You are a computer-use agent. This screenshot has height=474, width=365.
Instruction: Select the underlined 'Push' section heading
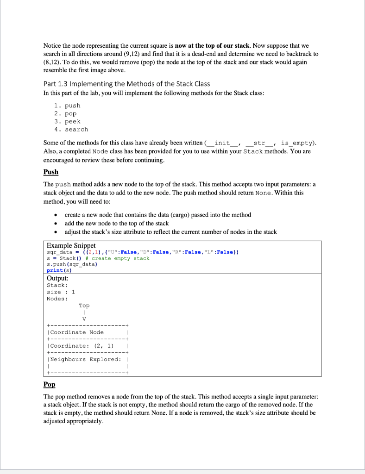coord(51,172)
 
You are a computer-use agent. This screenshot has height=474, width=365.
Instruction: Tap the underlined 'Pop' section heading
coord(49,385)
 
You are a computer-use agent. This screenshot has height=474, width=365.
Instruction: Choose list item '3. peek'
coord(67,121)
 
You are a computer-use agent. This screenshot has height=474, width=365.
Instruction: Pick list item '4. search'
coord(71,129)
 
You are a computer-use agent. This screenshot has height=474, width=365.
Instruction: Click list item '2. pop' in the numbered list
coord(65,113)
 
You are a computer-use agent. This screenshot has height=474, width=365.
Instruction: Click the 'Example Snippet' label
coord(71,245)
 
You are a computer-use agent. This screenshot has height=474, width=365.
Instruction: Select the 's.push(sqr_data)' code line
coord(71,264)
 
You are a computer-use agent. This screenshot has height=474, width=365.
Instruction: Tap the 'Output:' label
coord(58,278)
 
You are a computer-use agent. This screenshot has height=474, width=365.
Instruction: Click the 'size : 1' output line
coord(61,292)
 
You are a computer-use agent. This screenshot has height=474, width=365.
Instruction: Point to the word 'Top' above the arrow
coord(84,306)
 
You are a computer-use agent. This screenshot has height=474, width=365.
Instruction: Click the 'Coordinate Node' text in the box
coord(77,332)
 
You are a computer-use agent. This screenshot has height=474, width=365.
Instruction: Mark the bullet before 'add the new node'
coord(55,224)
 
